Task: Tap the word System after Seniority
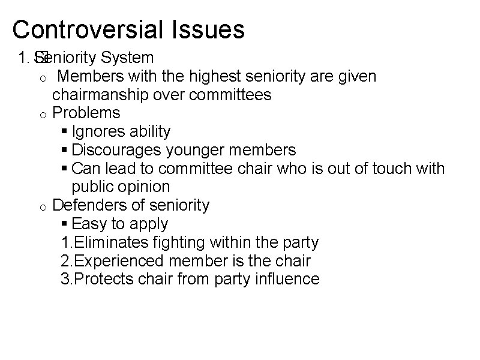127,58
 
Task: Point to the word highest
212,77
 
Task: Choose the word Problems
86,113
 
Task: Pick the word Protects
99,279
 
